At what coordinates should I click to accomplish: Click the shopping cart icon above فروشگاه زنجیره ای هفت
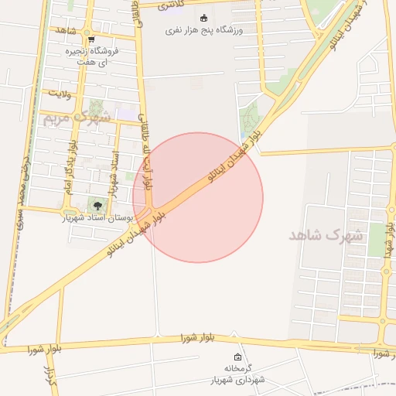[x=91, y=39]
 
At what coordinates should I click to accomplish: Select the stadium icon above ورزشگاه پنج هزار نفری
[x=203, y=19]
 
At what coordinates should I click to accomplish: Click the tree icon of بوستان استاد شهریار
[x=97, y=205]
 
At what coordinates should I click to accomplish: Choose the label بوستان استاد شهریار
[x=94, y=217]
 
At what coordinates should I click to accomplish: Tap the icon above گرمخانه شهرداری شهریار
[x=237, y=357]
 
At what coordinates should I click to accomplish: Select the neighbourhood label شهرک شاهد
[x=326, y=235]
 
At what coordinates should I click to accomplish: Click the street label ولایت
[x=60, y=94]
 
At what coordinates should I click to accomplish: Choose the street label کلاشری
[x=172, y=5]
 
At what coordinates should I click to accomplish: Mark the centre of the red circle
[x=198, y=197]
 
